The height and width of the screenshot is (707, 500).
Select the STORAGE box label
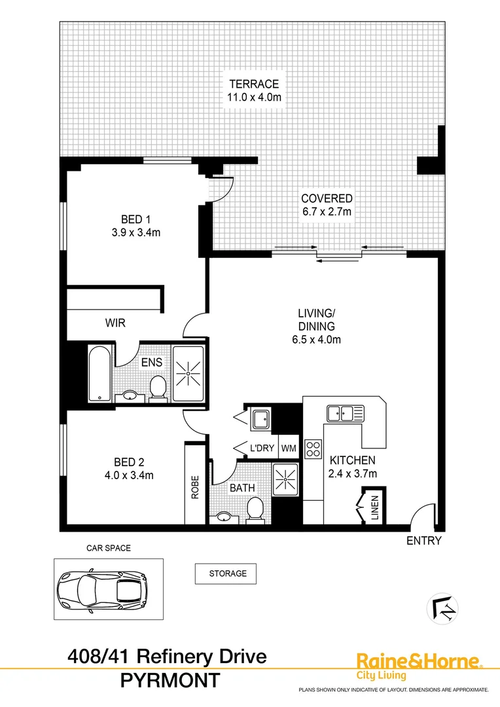click(x=226, y=573)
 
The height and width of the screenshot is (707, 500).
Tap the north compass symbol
click(x=442, y=608)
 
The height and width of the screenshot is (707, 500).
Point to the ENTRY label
click(x=424, y=541)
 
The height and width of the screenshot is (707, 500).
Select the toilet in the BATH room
click(x=255, y=508)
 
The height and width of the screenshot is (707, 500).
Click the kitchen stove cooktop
click(x=314, y=448)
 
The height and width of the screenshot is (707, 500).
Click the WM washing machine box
click(x=289, y=448)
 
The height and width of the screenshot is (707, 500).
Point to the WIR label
click(x=116, y=323)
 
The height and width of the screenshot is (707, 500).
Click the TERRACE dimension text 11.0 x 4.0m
click(x=255, y=97)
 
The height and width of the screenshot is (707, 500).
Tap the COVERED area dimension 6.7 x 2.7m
click(x=327, y=211)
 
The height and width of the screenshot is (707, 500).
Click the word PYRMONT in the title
click(x=170, y=681)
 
